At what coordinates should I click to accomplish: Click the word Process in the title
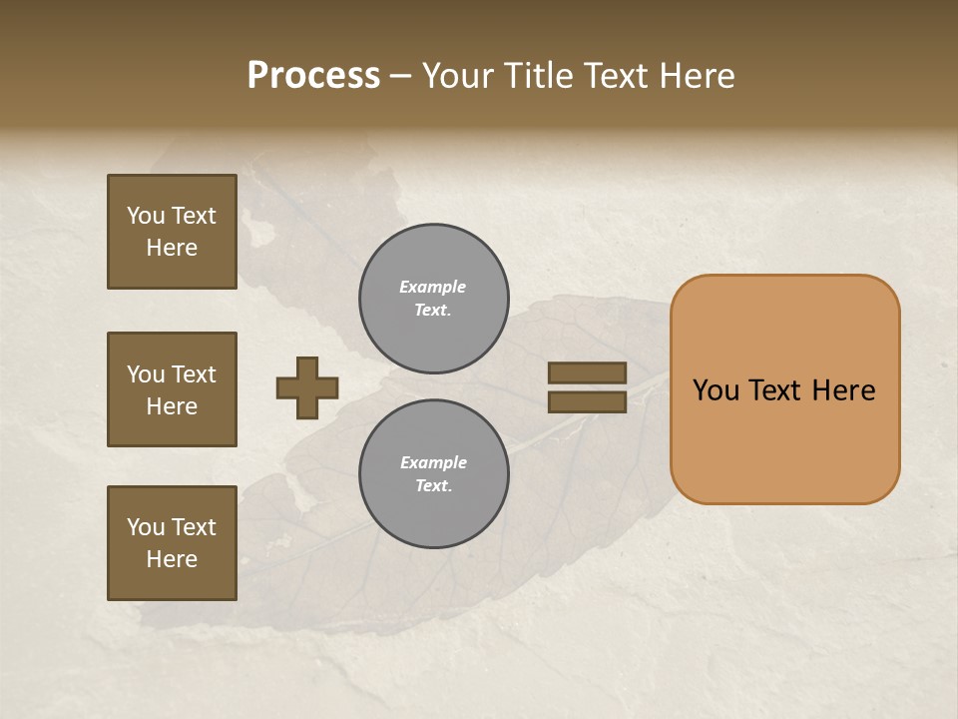pos(313,76)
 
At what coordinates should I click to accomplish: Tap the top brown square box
pos(172,232)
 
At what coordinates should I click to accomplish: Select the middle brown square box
pos(172,389)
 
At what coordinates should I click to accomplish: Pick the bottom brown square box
pos(172,542)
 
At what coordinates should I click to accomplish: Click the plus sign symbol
pos(307,387)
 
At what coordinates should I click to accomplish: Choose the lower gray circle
pos(434,473)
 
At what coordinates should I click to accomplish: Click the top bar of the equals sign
pos(587,372)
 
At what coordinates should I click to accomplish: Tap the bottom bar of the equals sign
pos(587,401)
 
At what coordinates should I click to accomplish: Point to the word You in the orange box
pos(716,390)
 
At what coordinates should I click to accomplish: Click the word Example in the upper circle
pos(433,287)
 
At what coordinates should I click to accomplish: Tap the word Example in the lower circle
pos(433,462)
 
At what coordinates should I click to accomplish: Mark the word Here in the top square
pos(172,248)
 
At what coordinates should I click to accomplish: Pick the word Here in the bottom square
pos(172,559)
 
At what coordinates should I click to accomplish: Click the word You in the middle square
pos(146,374)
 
